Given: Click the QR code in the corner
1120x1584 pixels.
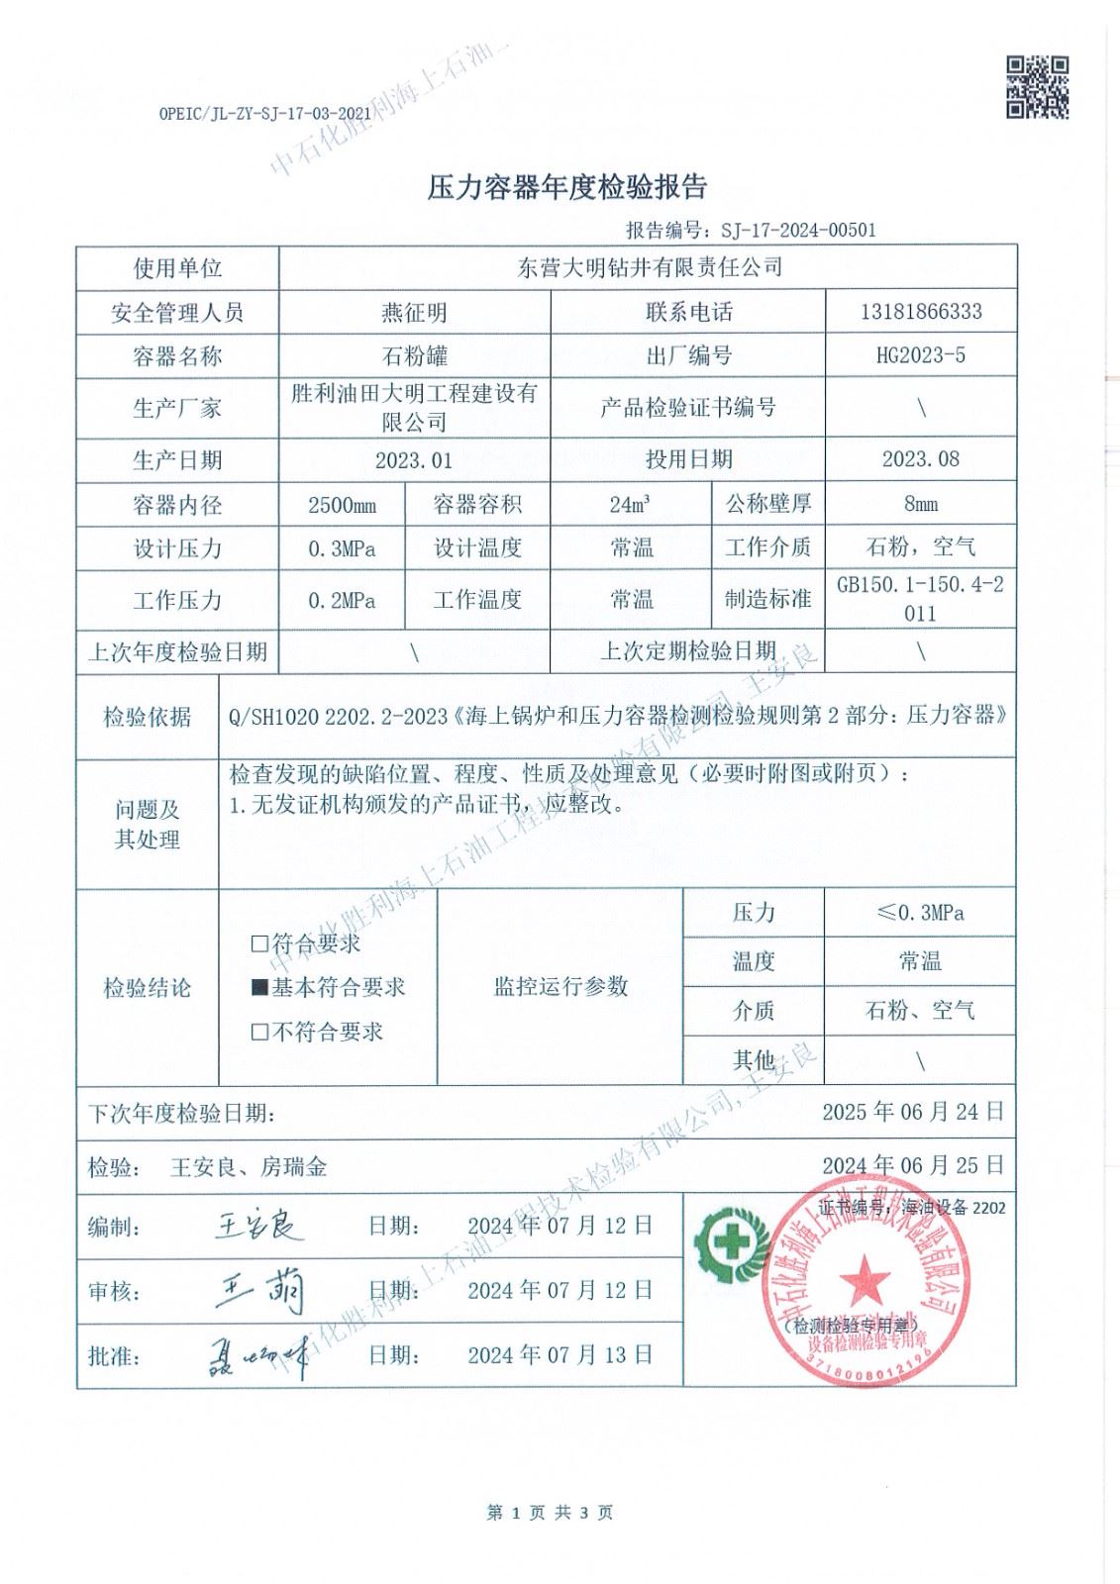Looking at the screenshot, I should (1037, 87).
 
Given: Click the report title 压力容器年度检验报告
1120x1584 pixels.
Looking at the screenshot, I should (566, 186).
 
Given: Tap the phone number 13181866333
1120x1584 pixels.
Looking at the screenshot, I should (920, 312).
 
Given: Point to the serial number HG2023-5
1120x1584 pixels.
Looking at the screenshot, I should (920, 355).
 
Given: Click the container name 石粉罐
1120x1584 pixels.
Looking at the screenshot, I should (414, 355).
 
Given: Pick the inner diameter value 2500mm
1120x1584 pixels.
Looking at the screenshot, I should (342, 505).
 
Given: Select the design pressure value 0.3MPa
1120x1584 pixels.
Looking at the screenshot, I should (342, 548).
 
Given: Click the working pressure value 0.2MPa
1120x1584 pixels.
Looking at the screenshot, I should (342, 600).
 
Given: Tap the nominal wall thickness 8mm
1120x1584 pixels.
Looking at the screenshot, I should (920, 504).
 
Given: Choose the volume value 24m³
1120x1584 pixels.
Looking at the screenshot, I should (631, 504).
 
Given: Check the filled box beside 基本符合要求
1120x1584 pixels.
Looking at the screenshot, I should (259, 987).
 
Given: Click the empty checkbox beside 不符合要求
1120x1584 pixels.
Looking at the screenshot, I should (259, 1033).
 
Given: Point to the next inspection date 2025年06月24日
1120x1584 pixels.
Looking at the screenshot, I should (912, 1112).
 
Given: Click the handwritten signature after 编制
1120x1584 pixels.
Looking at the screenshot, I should (257, 1227).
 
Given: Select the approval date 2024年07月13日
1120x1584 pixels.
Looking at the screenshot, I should (560, 1354).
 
